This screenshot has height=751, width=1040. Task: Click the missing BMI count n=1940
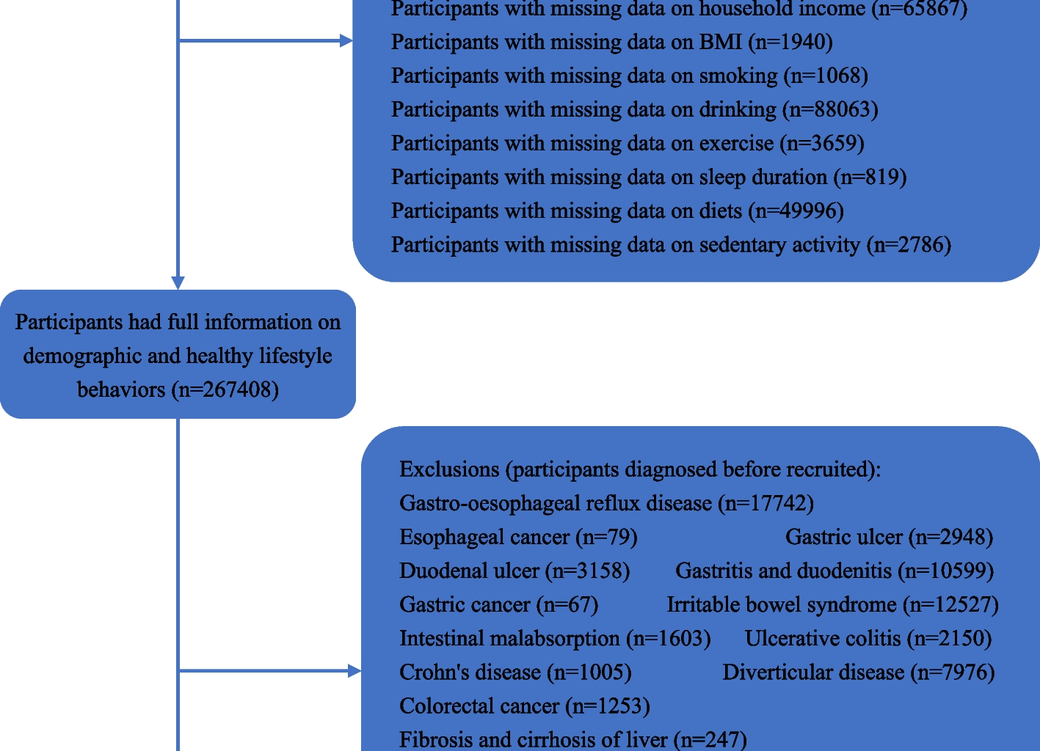tap(790, 43)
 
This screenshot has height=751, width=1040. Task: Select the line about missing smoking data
tap(629, 76)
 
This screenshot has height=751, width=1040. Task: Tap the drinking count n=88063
tap(830, 110)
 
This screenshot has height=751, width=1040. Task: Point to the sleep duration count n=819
tap(870, 177)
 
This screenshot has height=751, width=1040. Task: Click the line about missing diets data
tap(617, 211)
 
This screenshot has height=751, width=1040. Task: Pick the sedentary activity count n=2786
tap(909, 245)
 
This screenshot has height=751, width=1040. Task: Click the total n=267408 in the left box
tap(226, 389)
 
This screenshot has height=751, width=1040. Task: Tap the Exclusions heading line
tap(639, 469)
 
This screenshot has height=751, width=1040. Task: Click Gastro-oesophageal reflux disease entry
tap(606, 503)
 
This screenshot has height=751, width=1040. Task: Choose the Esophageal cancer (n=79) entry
tap(518, 537)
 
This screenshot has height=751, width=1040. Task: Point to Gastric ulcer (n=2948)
tap(889, 537)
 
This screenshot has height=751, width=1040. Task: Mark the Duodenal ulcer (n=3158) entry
tap(514, 571)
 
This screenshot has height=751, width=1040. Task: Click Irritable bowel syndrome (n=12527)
tap(832, 604)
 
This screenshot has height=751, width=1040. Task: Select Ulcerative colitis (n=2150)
tap(868, 638)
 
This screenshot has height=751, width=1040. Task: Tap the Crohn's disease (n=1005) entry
tap(515, 672)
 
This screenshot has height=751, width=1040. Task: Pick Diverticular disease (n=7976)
tap(858, 672)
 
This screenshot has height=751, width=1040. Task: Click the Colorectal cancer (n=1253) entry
tap(524, 706)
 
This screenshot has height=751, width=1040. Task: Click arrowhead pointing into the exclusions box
tap(354, 670)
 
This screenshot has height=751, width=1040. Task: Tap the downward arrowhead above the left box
tap(178, 283)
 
